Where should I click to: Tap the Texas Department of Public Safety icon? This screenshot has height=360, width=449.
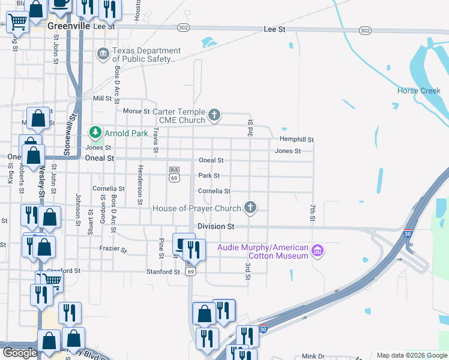click(x=103, y=55)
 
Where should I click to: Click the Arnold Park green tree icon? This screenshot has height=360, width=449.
click(x=94, y=132)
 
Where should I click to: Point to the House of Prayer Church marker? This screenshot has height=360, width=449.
click(x=251, y=208)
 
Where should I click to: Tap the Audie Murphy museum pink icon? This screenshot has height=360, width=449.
click(x=318, y=251)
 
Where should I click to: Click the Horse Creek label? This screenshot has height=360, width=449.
click(x=419, y=91)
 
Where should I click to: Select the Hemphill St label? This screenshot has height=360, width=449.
click(x=297, y=139)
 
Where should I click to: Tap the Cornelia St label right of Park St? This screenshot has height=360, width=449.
click(x=214, y=191)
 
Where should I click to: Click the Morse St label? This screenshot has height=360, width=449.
click(x=136, y=112)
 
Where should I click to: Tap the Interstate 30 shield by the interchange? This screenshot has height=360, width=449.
click(x=408, y=233)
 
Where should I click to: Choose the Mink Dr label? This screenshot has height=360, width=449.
click(x=313, y=356)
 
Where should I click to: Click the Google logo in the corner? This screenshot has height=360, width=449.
click(x=20, y=353)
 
